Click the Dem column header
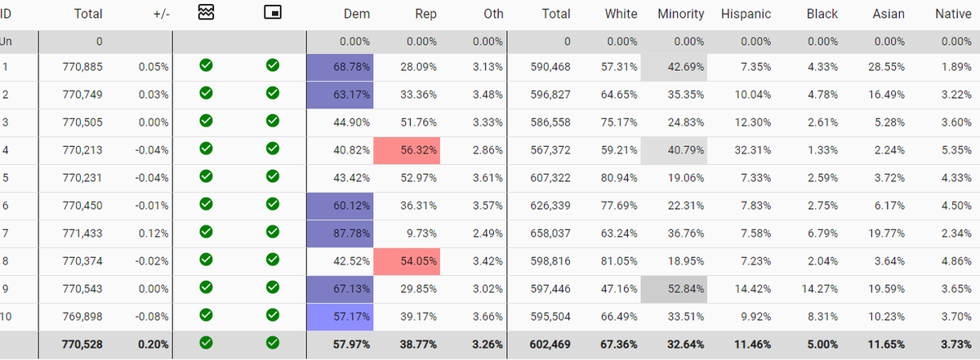click(357, 14)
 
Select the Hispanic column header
click(746, 14)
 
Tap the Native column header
click(953, 14)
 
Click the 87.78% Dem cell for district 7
click(340, 234)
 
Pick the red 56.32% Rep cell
click(407, 151)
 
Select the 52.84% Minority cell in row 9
click(675, 290)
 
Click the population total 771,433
click(82, 234)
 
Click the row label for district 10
click(7, 318)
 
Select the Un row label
click(7, 41)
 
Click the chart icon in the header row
click(206, 12)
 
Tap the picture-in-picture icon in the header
click(273, 12)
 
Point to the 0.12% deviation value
click(155, 234)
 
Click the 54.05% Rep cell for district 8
click(407, 262)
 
